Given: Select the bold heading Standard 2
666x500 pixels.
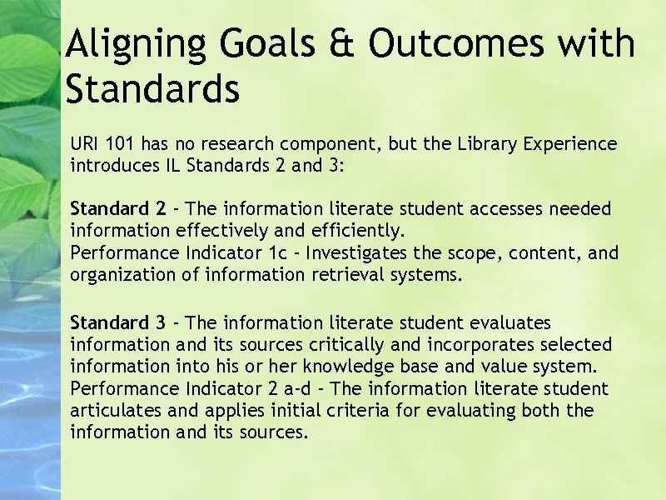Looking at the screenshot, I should (x=117, y=208).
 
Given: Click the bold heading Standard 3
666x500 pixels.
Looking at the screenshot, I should (x=117, y=322).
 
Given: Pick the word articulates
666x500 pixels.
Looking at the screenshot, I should (x=120, y=410).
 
